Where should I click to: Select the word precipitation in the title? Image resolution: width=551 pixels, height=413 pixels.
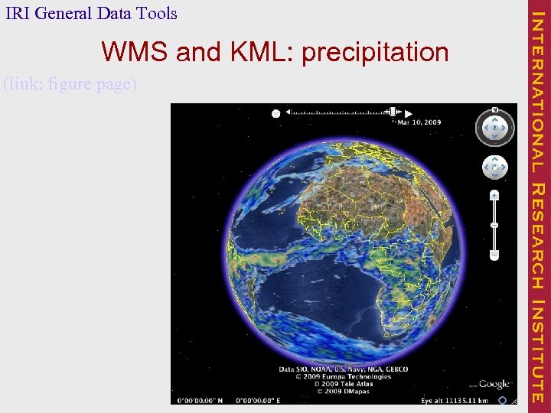[375, 52]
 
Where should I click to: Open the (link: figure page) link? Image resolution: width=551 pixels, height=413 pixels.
[70, 83]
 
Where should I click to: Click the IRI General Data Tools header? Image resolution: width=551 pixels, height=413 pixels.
[90, 13]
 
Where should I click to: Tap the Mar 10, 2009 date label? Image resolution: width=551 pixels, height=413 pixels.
[419, 122]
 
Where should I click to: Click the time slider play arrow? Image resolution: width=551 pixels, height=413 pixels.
[409, 112]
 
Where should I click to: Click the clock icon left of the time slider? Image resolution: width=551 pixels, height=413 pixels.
[275, 113]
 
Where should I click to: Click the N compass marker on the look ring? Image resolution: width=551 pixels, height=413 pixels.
[494, 109]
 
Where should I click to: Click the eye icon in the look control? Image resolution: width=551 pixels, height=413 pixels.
[494, 128]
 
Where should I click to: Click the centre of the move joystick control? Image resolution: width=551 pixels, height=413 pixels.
[494, 167]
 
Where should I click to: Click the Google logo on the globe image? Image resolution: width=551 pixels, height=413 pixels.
[494, 384]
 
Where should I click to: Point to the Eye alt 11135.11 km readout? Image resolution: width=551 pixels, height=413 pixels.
[455, 399]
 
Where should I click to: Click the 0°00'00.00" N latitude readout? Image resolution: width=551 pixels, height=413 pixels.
[200, 399]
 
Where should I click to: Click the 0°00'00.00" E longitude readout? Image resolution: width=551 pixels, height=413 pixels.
[257, 399]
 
